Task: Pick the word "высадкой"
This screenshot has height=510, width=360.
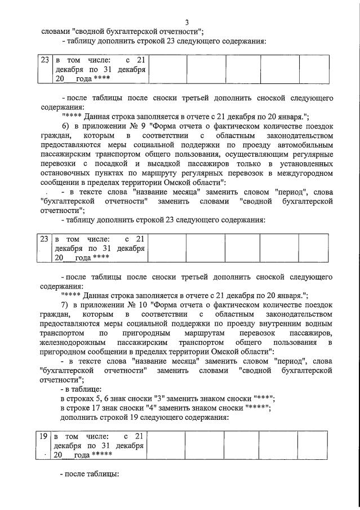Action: click(x=177, y=164)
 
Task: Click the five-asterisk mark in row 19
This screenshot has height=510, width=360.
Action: click(x=102, y=454)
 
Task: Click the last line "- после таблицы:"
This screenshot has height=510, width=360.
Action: click(x=90, y=474)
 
